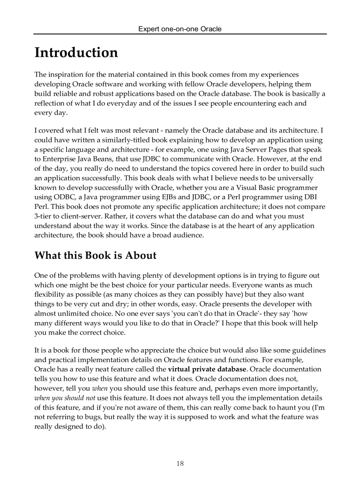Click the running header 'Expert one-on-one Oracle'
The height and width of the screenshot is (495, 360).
[180, 29]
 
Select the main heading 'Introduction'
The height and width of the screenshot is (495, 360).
[76, 52]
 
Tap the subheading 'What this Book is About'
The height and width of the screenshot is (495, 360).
[95, 256]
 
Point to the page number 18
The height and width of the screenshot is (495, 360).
[180, 463]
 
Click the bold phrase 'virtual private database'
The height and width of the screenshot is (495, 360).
[207, 369]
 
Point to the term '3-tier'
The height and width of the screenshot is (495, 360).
[43, 216]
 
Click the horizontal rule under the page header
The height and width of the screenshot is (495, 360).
[180, 34]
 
